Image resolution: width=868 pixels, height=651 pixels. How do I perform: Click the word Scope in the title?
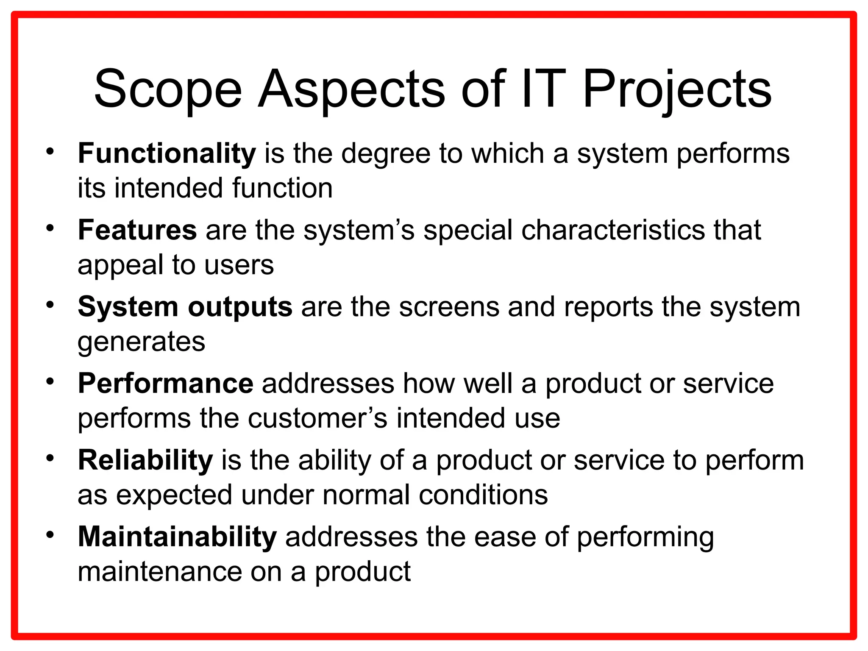pos(168,90)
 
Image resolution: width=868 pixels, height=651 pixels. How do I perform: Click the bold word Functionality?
pos(167,153)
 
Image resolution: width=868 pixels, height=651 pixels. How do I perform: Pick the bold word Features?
pos(137,230)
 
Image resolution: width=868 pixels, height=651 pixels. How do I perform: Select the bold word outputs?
pos(240,307)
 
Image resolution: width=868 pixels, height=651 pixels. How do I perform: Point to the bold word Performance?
pos(166,384)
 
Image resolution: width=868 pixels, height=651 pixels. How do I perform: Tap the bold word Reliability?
pos(145,460)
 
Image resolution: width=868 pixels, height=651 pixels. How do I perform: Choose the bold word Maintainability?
pos(177,537)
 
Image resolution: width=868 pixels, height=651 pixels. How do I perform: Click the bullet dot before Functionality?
pos(50,151)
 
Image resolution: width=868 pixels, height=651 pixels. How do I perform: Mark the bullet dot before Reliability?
pos(50,458)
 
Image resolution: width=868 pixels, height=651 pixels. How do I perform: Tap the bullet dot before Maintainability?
pos(50,535)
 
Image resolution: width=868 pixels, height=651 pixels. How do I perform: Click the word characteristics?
pos(613,230)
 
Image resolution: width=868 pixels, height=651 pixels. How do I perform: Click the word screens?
pos(449,307)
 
